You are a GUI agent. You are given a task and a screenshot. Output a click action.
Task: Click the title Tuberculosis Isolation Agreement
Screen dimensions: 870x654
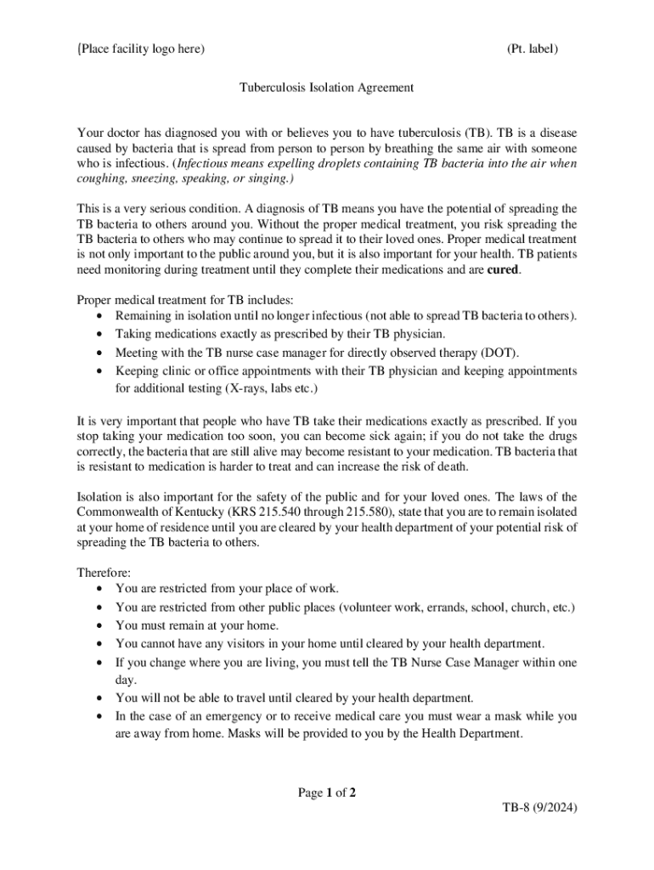[326, 88]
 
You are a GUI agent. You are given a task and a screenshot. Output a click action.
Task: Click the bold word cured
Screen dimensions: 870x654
[502, 270]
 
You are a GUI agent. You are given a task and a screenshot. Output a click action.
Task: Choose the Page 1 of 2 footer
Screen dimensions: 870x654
[326, 793]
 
